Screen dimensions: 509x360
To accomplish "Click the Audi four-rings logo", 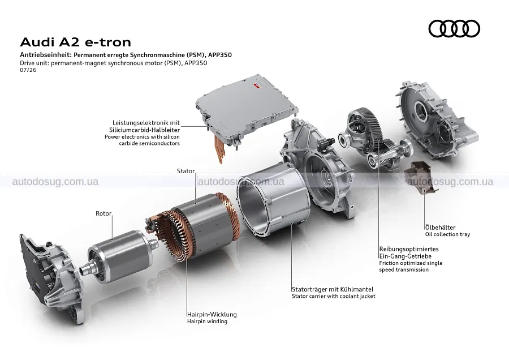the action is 454,29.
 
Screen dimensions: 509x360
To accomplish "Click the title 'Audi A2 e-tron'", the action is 76,42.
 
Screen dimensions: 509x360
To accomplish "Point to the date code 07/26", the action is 28,70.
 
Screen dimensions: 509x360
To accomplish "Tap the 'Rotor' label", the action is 103,213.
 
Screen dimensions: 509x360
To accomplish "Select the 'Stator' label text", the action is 186,171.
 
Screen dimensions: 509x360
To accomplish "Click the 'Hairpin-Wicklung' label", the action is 212,315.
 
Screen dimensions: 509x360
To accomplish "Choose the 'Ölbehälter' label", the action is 440,228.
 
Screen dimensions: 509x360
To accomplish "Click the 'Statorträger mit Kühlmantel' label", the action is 333,289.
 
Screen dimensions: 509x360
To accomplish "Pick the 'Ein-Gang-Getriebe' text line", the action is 405,256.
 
